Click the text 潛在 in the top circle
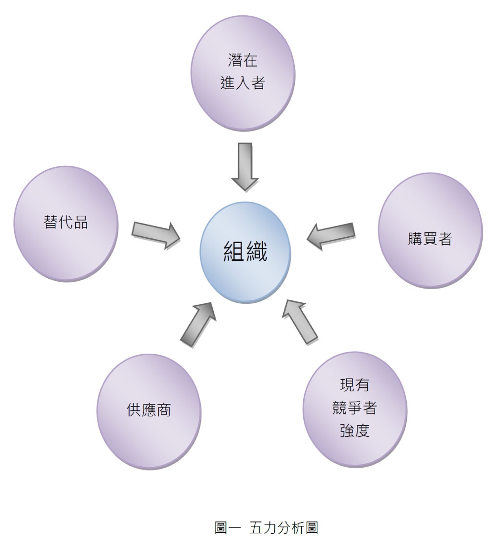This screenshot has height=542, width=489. pos(243,61)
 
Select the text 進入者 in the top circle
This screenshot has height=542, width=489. pos(243,83)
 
